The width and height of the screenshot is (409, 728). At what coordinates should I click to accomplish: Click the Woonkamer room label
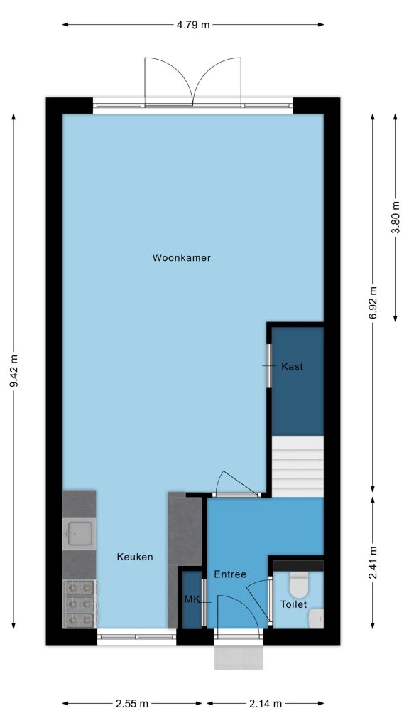point(181,257)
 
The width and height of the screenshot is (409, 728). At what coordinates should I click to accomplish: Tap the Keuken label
point(135,557)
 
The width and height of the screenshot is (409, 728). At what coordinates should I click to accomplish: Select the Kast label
point(292,366)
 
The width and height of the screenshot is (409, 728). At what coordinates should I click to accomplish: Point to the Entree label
point(230,574)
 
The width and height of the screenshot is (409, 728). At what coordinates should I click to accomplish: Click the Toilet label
point(293,604)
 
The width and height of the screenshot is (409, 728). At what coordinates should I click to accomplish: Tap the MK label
point(192,599)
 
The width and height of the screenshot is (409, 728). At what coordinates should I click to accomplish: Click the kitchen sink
point(80,533)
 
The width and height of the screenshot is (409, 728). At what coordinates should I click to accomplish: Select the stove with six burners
point(80,604)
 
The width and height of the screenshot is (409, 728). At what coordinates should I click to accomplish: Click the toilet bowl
point(299,585)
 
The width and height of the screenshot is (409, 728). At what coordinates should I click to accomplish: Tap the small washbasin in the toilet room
point(316,619)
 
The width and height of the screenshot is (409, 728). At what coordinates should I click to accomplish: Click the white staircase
point(298,466)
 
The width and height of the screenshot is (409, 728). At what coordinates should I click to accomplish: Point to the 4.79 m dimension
point(193,25)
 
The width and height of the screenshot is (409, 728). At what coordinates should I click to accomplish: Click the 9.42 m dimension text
point(13,371)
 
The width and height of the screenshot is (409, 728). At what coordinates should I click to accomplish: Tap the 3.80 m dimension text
point(396,218)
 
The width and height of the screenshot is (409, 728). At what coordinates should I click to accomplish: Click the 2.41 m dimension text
point(373,562)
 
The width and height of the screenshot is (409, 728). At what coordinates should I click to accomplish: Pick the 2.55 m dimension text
point(131,703)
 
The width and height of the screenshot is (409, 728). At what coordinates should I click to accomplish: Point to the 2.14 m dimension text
point(266,703)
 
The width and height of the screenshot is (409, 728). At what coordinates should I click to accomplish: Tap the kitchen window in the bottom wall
point(137,637)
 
